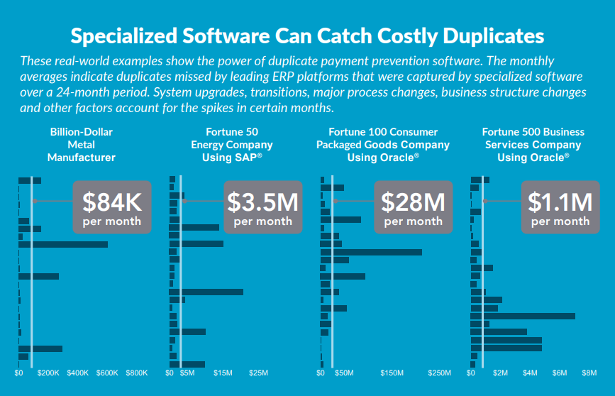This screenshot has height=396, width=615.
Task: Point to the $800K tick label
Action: click(136, 373)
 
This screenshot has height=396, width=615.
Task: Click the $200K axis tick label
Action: click(48, 373)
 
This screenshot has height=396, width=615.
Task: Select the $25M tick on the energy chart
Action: click(259, 373)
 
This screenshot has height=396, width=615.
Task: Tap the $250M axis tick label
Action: click(439, 373)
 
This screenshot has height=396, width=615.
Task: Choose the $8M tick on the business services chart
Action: click(589, 373)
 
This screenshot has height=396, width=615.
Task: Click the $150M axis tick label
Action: click(392, 373)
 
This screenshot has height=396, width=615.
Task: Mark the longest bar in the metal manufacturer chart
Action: click(63, 244)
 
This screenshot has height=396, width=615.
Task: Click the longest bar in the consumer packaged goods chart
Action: click(371, 252)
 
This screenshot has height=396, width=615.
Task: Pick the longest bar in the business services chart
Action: click(522, 316)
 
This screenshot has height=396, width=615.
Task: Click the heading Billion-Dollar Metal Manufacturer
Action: click(82, 145)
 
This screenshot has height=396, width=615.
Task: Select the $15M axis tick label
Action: click(223, 373)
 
